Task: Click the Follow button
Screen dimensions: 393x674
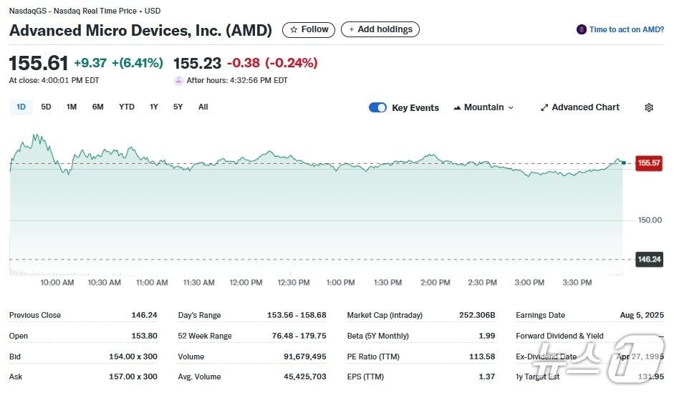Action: [309, 29]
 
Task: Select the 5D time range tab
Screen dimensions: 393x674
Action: [46, 107]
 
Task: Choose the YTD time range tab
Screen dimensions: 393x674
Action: [126, 107]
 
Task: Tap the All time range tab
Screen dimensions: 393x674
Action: [203, 107]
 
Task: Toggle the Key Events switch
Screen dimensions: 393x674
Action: [377, 107]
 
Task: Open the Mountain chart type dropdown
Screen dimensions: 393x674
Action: [483, 107]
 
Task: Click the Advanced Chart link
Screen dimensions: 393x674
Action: [580, 107]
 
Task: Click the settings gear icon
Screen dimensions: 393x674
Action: [649, 107]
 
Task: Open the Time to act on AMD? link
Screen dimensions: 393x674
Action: [621, 29]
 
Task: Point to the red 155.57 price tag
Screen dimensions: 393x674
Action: [649, 163]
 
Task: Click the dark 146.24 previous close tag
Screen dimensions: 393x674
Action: [649, 259]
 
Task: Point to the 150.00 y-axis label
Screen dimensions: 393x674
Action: [650, 220]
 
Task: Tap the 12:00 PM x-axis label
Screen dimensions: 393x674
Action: [246, 283]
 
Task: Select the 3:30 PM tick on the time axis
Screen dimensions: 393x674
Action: [577, 283]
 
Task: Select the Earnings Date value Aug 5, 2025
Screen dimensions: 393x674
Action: [642, 315]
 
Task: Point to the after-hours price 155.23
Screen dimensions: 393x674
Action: [197, 63]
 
